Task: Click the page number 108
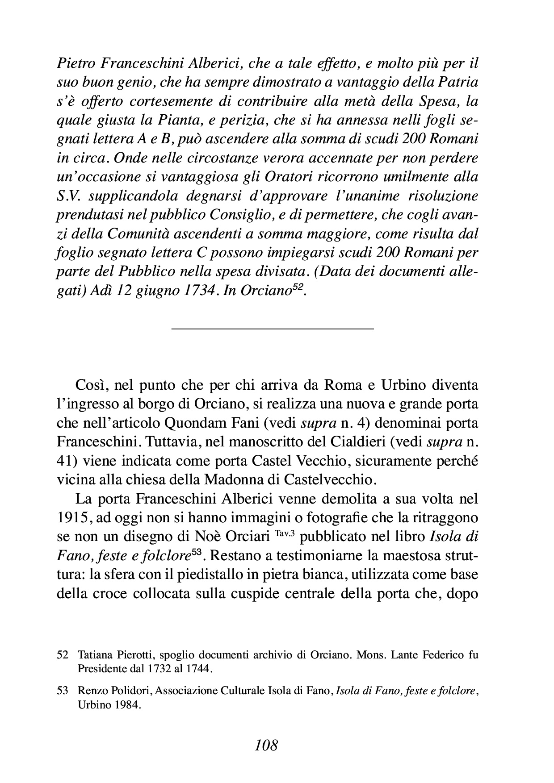point(266,745)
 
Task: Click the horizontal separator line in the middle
point(272,329)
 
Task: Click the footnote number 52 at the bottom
point(63,656)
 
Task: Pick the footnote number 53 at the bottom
point(63,691)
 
